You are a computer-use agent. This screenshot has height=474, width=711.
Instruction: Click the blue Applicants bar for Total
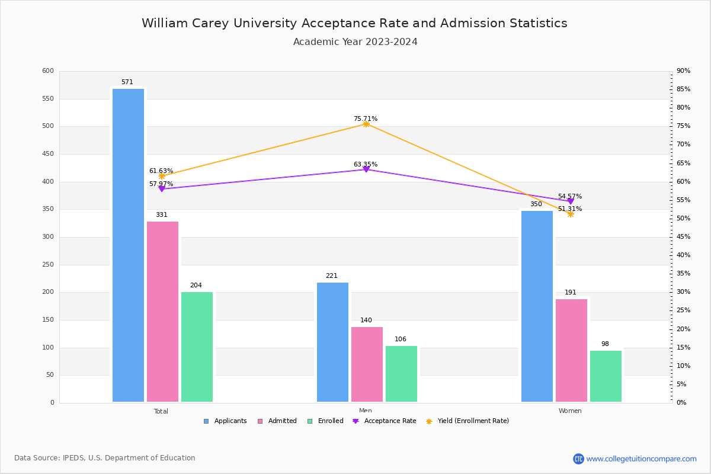pos(128,245)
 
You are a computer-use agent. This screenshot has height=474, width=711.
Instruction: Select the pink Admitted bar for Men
pos(367,364)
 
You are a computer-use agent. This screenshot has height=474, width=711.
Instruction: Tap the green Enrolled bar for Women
pos(606,376)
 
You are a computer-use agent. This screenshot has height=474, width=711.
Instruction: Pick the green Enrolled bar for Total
pos(197,347)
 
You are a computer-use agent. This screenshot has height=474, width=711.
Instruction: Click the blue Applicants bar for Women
pos(537,306)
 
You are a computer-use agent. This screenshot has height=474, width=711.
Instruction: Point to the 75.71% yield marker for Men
pos(366,124)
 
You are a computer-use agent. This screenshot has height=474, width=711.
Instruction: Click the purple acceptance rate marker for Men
pos(366,169)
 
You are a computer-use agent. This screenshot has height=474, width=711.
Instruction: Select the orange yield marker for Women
pos(571,214)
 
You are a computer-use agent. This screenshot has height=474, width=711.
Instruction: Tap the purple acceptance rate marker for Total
pos(162,188)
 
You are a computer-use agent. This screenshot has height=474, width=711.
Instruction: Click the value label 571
pos(127,82)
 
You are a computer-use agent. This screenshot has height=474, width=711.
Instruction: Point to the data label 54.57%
pos(570,196)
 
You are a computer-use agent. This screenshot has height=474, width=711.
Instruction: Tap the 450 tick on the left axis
pos(48,154)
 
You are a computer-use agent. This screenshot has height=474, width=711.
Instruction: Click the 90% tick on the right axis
pos(683,71)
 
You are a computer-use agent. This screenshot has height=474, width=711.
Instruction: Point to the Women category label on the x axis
pos(570,411)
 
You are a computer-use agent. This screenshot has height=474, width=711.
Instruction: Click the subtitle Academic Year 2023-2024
pos(355,42)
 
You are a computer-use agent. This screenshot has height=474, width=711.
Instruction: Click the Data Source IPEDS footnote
pos(105,458)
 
